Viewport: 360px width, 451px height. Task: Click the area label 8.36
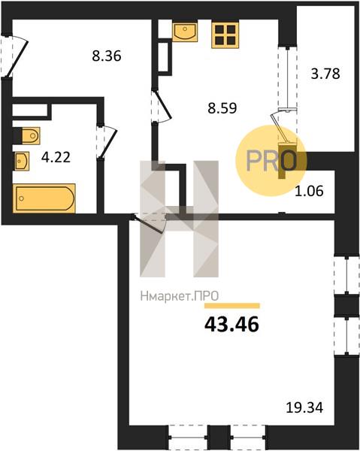tap(107, 56)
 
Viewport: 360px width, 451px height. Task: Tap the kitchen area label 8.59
tap(222, 108)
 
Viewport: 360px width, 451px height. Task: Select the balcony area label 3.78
tap(325, 74)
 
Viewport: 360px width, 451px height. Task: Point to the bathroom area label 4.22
tap(56, 157)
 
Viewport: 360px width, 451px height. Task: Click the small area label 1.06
tap(309, 191)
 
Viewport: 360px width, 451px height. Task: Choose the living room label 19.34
tap(304, 407)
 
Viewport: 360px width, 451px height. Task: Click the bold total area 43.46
tap(231, 325)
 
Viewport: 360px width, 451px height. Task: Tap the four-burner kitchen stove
tap(225, 35)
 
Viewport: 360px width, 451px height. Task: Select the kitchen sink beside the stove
tap(185, 32)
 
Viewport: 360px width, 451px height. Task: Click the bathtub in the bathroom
tap(44, 198)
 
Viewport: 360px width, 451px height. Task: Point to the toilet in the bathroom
tap(27, 135)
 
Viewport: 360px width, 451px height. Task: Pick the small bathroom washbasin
tap(22, 161)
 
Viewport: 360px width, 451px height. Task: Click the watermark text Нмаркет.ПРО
tap(180, 296)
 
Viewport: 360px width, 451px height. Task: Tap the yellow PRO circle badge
tap(271, 161)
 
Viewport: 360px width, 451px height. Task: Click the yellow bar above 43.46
tap(232, 306)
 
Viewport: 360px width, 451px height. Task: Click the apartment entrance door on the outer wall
tap(17, 58)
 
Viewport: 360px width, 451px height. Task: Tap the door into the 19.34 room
tap(150, 224)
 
